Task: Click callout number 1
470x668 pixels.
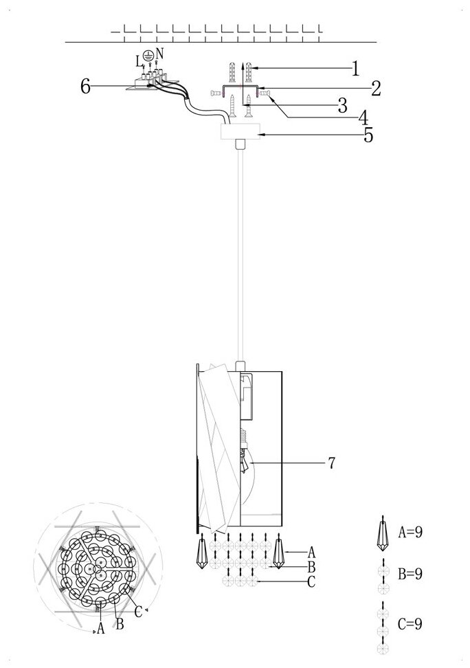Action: (356, 68)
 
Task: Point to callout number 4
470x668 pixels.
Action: (362, 118)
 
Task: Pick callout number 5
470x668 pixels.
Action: (368, 135)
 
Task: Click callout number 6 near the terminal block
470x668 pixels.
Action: (86, 86)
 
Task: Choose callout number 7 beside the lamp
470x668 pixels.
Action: (331, 463)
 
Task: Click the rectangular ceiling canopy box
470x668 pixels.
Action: (240, 132)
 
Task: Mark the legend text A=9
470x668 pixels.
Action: (410, 531)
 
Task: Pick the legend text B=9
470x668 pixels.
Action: (410, 573)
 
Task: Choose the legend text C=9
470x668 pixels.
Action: (410, 624)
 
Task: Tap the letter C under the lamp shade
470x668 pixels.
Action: (311, 583)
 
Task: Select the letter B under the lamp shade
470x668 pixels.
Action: (311, 567)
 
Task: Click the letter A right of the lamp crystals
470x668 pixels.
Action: (311, 551)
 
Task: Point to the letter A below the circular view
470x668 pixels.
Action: (101, 627)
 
